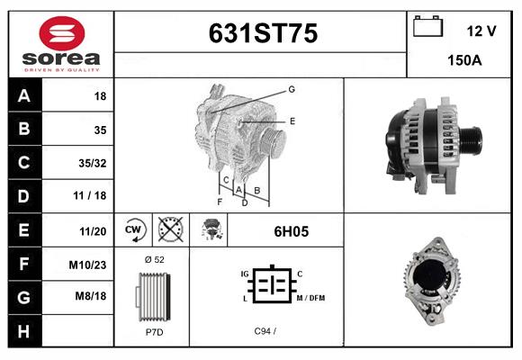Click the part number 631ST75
(x=263, y=33)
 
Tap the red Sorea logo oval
(x=62, y=33)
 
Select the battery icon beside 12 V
(x=427, y=26)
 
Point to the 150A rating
(x=464, y=60)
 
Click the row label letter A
(x=24, y=96)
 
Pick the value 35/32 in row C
(x=93, y=163)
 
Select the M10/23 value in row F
(x=87, y=265)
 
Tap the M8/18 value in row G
(x=91, y=296)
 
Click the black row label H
(x=24, y=331)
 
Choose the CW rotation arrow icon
(x=133, y=229)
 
